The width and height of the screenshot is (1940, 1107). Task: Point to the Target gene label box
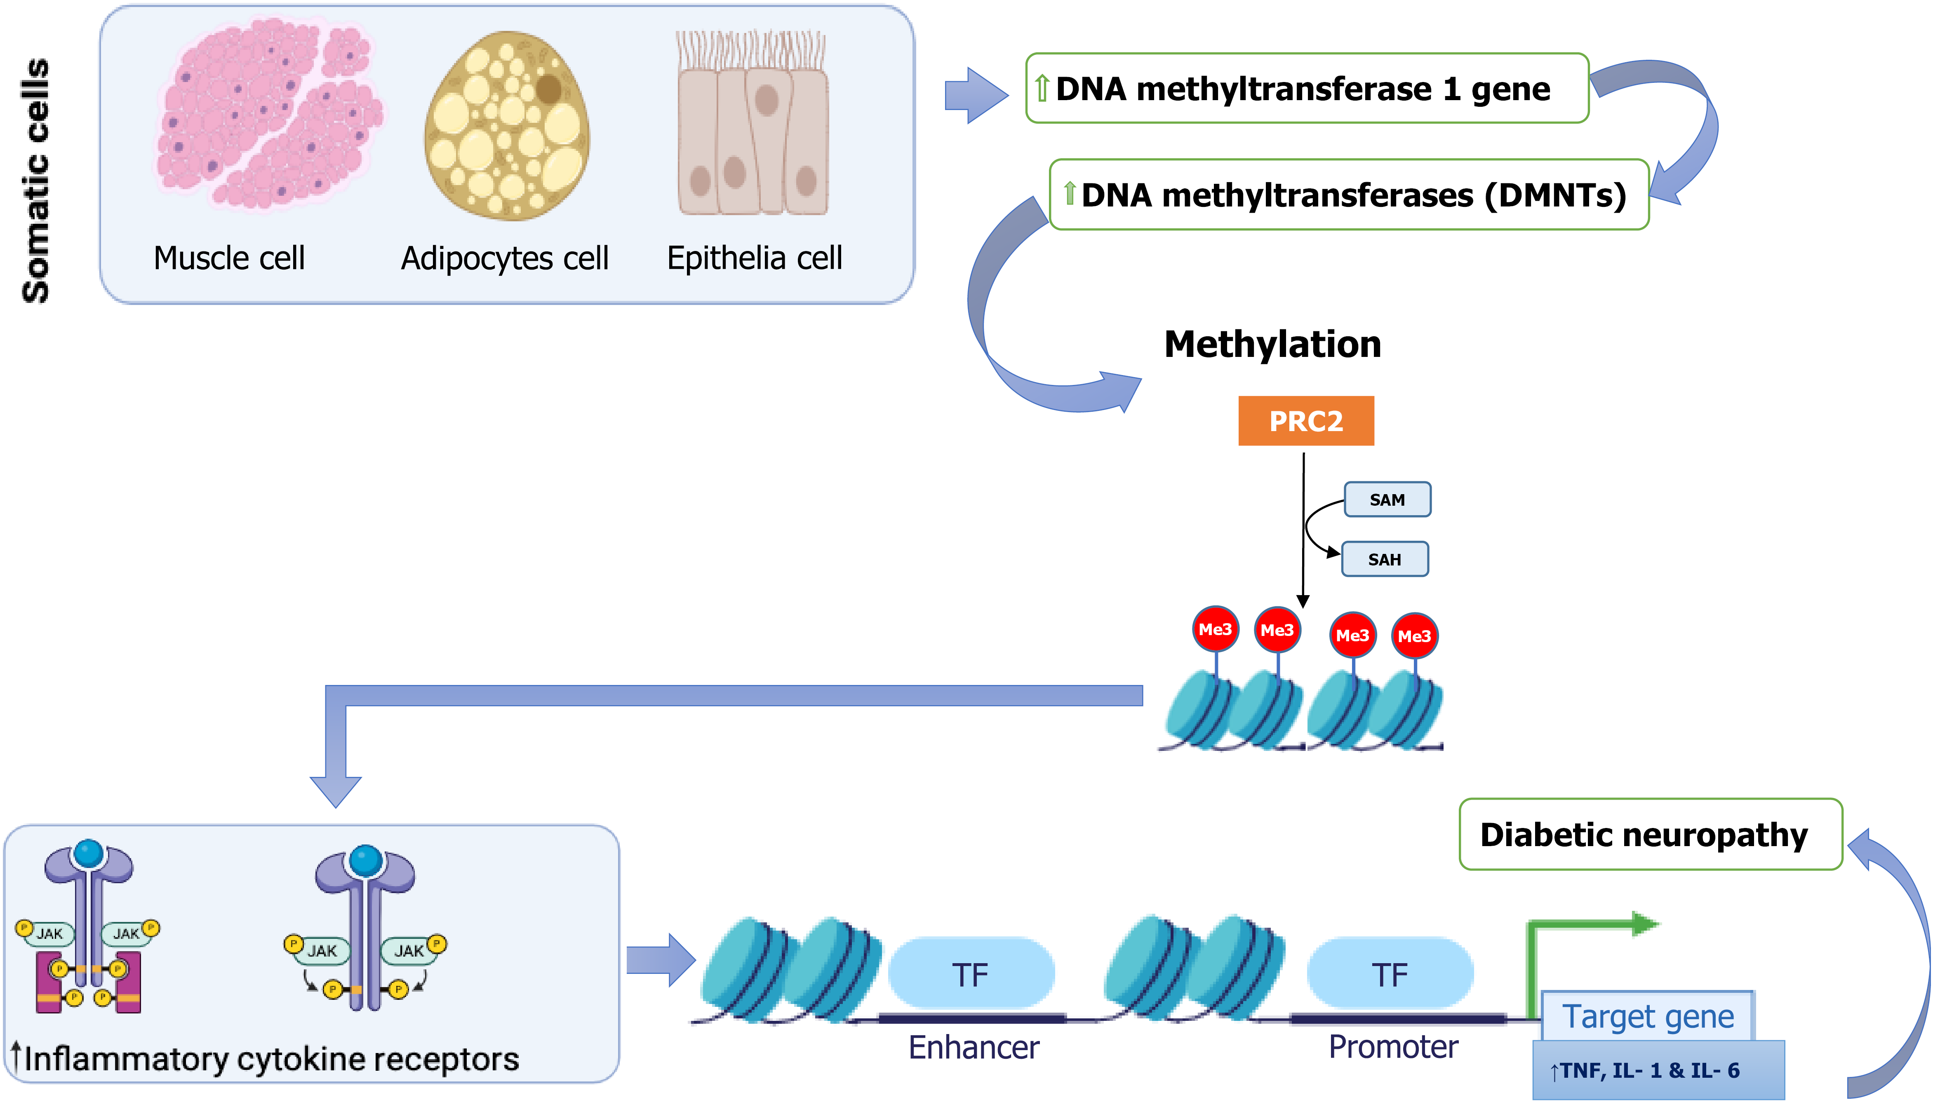point(1647,1016)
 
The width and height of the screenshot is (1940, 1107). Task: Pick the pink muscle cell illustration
point(268,114)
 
